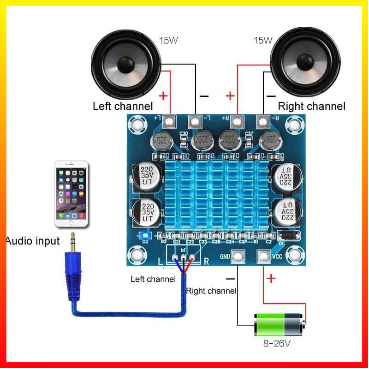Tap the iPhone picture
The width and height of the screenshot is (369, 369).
tap(71, 194)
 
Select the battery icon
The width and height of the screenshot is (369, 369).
tap(279, 325)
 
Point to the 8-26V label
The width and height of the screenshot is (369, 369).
tap(277, 344)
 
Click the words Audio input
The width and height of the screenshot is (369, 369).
tap(33, 241)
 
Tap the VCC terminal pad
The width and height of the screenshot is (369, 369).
tap(264, 256)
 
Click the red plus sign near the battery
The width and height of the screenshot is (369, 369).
tap(271, 279)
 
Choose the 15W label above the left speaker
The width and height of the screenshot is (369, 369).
tap(168, 40)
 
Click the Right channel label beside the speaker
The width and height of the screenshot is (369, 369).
tap(311, 107)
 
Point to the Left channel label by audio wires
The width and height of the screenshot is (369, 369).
tap(153, 279)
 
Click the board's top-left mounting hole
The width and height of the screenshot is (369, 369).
tap(137, 124)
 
